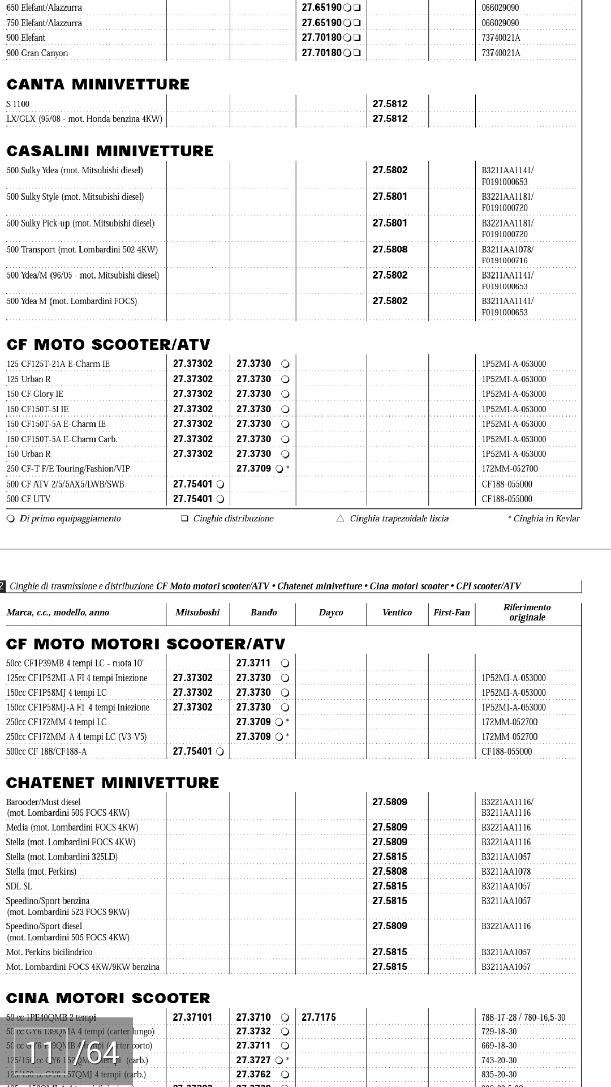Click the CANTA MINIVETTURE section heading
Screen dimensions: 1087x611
pos(98,84)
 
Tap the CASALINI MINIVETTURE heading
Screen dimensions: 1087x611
pos(110,151)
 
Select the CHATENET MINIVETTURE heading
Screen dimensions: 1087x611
pos(113,783)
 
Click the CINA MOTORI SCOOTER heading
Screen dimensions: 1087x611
pos(108,998)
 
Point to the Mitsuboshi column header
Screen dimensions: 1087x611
pos(197,612)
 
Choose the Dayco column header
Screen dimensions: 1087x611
pos(331,612)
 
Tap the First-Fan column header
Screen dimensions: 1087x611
pos(451,612)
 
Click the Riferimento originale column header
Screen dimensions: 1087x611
pos(527,612)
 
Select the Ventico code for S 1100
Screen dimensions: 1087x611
pos(390,104)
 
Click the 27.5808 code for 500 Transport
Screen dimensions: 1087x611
pos(390,249)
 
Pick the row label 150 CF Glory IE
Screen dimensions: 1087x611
pos(35,394)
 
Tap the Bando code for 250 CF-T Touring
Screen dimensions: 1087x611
pos(253,469)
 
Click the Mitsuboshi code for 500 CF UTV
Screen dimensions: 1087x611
pos(193,499)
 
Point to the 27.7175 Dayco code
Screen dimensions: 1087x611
pos(319,1017)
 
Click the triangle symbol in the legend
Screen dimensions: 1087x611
pos(340,518)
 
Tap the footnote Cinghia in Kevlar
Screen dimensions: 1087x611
pos(546,519)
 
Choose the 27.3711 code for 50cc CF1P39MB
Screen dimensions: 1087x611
pos(253,663)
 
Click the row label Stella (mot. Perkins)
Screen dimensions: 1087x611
pos(41,871)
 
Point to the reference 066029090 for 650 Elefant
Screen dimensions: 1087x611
pos(500,8)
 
